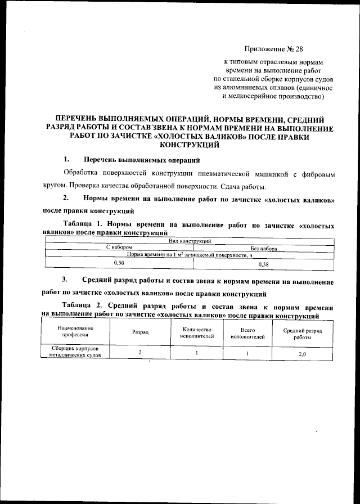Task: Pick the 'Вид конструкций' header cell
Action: [190, 241]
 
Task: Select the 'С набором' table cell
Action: [119, 248]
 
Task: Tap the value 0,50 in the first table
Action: [119, 263]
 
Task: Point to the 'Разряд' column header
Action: [140, 332]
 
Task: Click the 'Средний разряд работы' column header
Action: [303, 332]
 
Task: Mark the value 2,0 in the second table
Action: [303, 353]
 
